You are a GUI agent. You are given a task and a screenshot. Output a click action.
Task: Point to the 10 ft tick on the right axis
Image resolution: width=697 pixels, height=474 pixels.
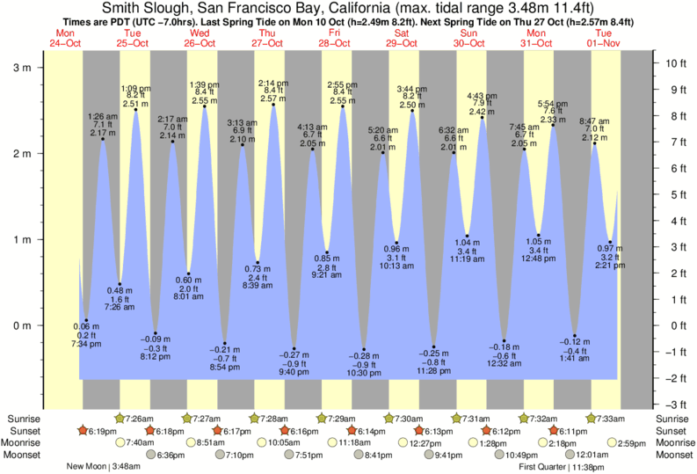pos(674,63)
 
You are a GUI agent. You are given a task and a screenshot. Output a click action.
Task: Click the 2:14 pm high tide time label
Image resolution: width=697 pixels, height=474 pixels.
pos(274,83)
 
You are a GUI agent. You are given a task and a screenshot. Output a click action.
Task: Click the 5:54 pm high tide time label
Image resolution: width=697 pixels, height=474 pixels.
pos(553,103)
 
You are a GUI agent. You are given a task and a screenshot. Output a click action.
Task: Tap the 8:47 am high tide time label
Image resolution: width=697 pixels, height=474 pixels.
pos(594,121)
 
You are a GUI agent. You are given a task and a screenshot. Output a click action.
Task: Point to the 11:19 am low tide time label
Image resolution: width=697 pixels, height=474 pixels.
pos(467,259)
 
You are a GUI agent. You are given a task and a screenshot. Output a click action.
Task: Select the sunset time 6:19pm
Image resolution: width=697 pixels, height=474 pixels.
pos(100,431)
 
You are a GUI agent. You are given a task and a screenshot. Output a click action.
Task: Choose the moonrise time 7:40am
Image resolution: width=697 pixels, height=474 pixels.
pos(140,442)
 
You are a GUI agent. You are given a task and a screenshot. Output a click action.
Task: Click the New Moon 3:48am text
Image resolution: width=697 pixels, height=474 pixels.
pos(103,467)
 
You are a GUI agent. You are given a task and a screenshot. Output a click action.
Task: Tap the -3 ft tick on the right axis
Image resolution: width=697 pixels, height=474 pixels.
pos(674,405)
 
